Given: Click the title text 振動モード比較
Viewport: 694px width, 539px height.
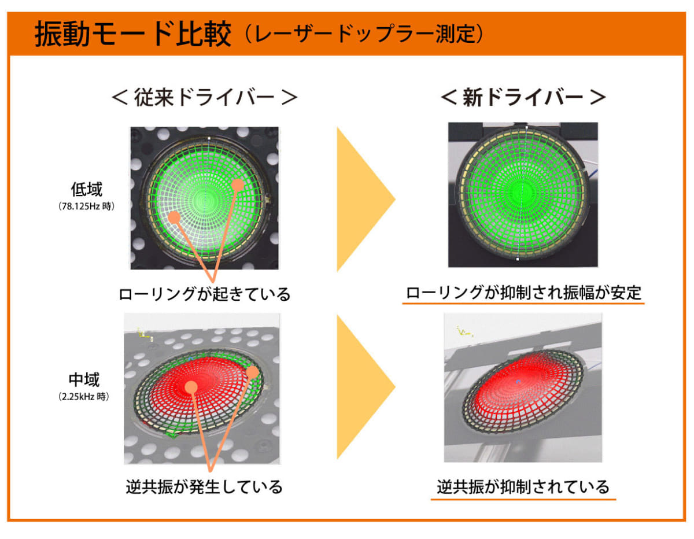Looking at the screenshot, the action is click(x=132, y=34).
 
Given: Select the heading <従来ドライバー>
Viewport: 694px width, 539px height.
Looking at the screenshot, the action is click(x=204, y=97).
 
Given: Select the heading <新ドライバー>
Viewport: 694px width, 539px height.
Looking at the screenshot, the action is click(x=523, y=97).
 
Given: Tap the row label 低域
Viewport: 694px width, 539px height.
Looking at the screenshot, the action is click(x=86, y=189).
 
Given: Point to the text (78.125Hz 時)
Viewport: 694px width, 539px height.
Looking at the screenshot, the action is click(x=86, y=206).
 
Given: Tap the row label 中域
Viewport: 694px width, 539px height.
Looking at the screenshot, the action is click(x=84, y=379).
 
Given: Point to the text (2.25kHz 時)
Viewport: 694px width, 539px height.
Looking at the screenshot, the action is click(x=84, y=397).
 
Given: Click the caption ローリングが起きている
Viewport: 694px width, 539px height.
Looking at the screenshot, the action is click(x=204, y=294).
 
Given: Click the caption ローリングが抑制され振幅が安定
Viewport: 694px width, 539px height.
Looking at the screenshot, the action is click(x=523, y=293).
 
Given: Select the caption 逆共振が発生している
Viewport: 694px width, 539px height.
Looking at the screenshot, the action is click(x=204, y=487).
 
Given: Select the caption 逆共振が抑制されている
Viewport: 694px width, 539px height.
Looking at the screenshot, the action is click(x=523, y=487).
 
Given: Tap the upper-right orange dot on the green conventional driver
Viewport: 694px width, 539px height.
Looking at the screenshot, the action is click(x=238, y=185).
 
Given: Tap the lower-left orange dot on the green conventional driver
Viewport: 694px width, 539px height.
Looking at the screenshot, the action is click(x=174, y=217).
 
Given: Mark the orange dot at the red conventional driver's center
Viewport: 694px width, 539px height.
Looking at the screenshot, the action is click(x=191, y=387).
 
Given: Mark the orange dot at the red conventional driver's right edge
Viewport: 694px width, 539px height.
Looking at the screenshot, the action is click(x=252, y=372).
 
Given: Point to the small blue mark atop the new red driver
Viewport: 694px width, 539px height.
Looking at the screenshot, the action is click(x=518, y=381).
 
